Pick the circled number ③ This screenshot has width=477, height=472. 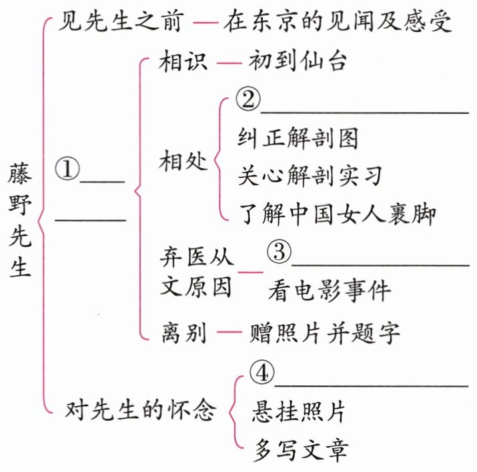click(x=278, y=251)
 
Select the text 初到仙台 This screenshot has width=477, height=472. click(x=297, y=63)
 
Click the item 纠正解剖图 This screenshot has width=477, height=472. click(x=298, y=138)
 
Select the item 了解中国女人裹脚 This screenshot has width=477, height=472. click(x=337, y=214)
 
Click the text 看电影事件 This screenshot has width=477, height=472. click(x=330, y=291)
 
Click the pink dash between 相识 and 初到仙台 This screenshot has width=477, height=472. click(x=227, y=63)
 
